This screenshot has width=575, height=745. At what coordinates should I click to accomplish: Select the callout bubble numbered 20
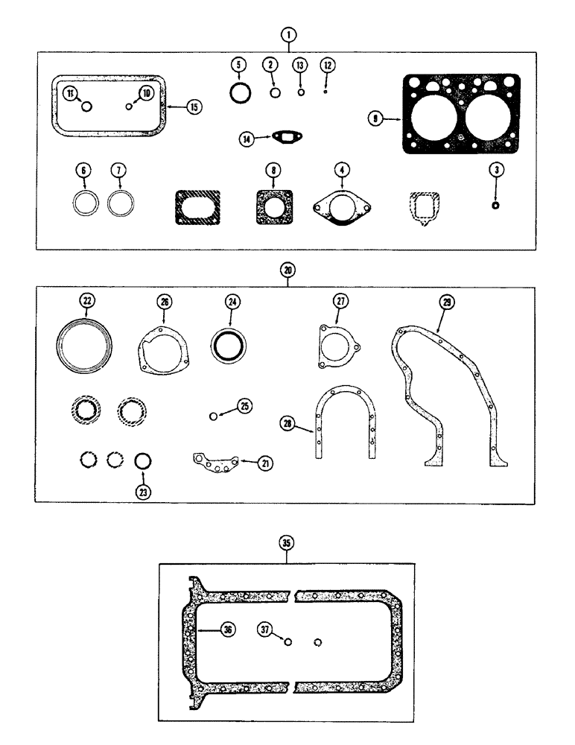pos(287,270)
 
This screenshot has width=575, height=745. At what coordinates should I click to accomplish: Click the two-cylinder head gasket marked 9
pos(461,115)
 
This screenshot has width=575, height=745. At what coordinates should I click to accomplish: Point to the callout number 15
pos(194,107)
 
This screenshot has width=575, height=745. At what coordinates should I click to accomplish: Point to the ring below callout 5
pos(239,95)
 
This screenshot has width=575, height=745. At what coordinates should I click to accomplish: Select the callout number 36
pos(226,630)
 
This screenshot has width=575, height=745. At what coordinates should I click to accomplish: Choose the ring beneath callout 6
pos(85,203)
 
